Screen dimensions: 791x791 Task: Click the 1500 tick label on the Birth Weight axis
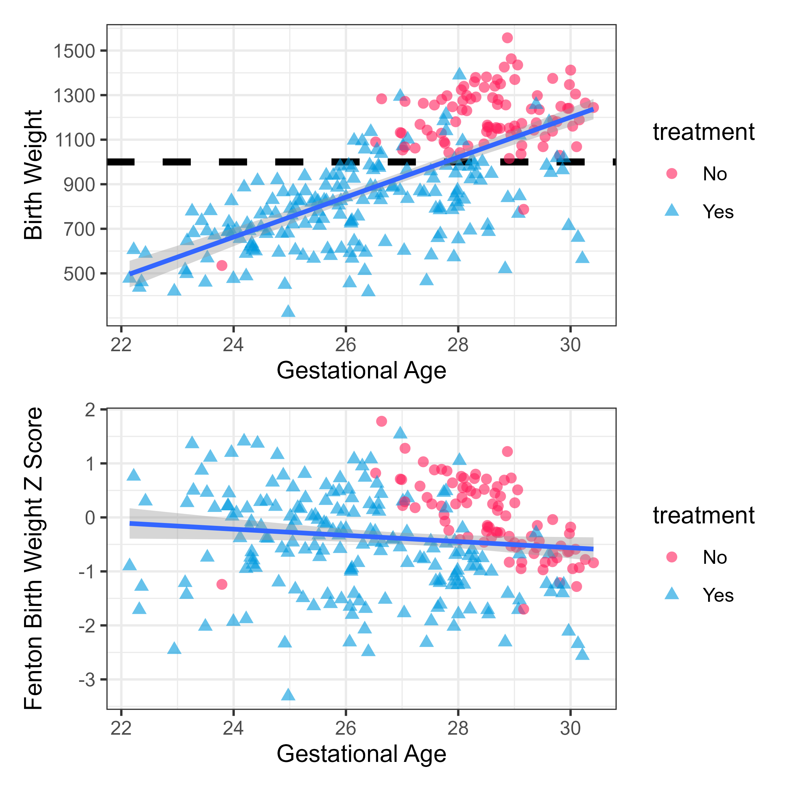[74, 51]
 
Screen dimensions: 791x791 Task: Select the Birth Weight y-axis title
[34, 175]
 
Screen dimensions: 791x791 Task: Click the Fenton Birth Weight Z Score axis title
[34, 558]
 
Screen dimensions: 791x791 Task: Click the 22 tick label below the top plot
[121, 345]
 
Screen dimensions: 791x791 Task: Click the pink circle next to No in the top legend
[672, 174]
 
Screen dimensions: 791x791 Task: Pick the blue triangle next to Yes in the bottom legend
[672, 595]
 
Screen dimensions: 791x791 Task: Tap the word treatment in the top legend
[703, 132]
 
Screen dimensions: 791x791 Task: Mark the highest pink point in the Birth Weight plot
[507, 38]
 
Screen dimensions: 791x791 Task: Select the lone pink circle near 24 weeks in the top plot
[222, 266]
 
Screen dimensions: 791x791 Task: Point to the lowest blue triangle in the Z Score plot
[288, 695]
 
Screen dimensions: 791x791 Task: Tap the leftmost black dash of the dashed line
[121, 162]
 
